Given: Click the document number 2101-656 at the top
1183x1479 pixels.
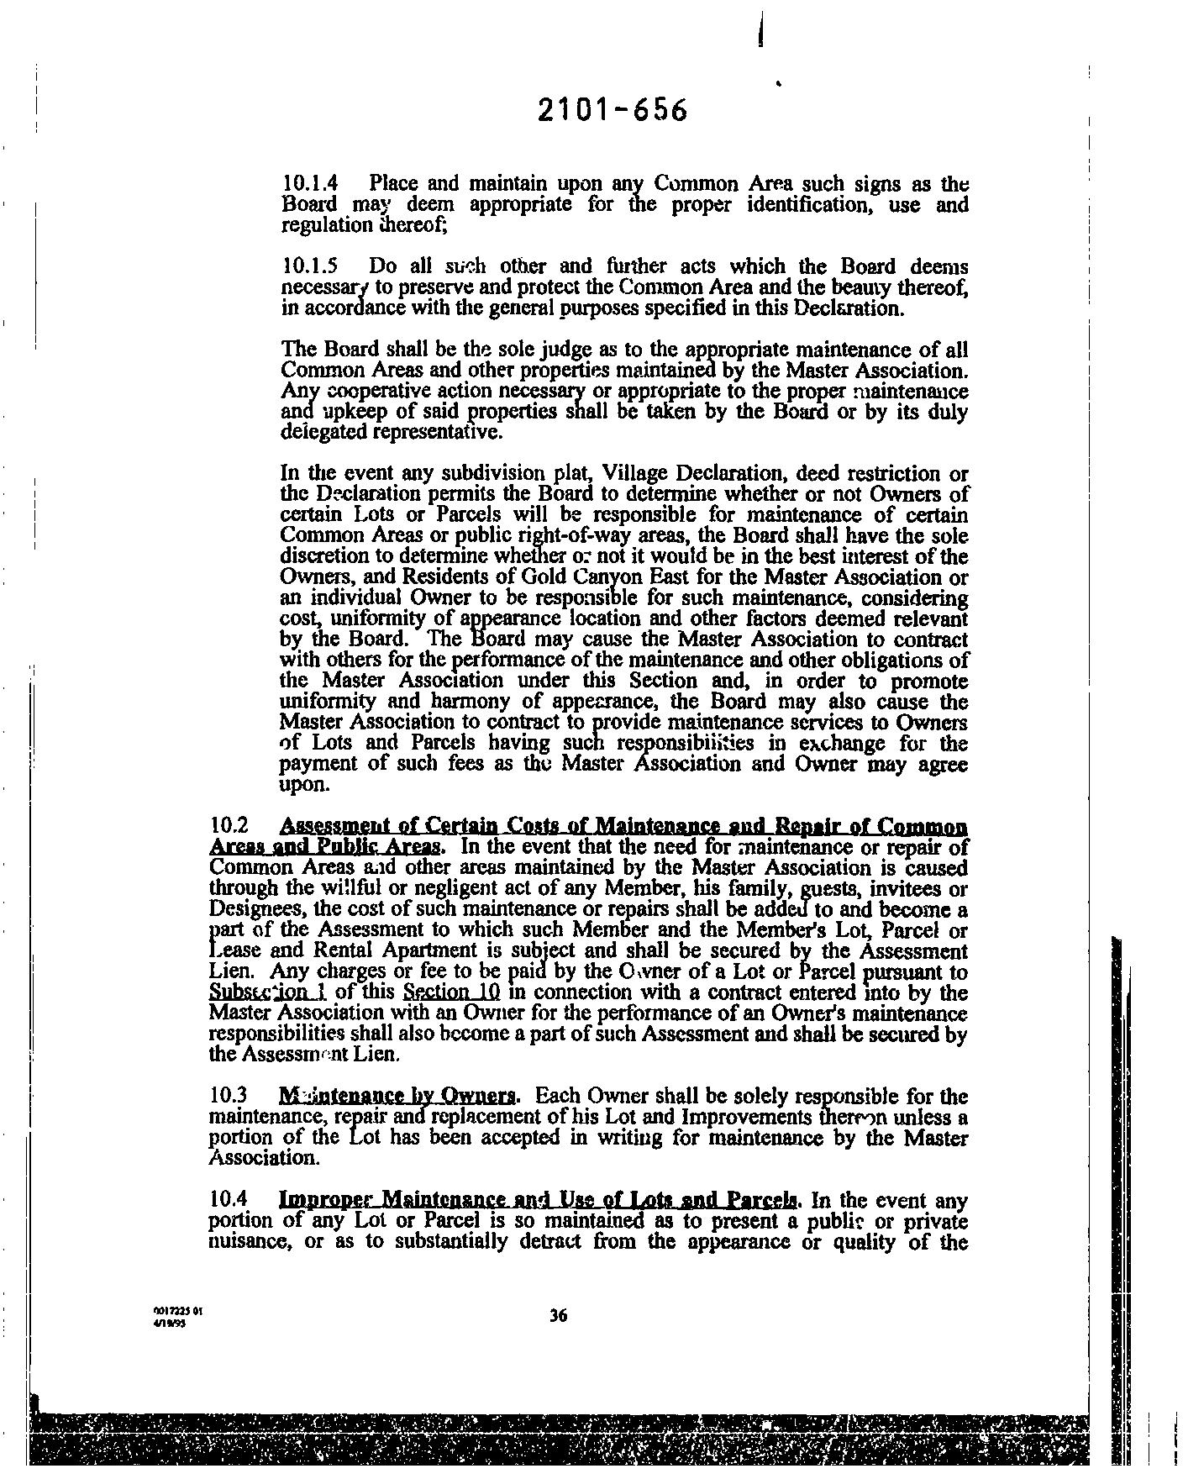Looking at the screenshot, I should point(613,111).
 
